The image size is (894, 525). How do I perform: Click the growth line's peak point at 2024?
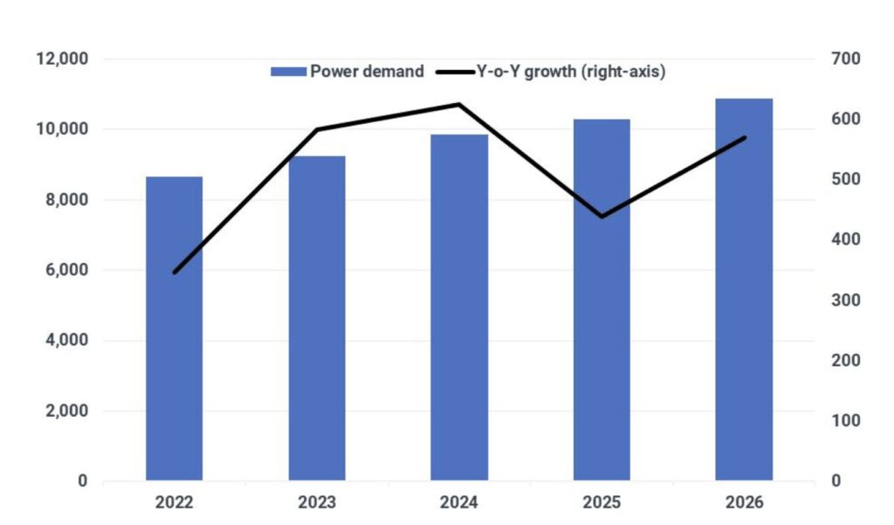(459, 105)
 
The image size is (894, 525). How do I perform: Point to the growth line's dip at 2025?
(602, 217)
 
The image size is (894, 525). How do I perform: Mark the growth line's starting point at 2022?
(175, 273)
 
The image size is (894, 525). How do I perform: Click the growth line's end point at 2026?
(744, 138)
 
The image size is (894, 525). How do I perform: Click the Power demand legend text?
(368, 72)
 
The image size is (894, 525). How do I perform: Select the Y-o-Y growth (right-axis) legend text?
(573, 72)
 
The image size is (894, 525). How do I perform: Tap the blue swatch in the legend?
(289, 72)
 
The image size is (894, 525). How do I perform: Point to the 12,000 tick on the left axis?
(61, 59)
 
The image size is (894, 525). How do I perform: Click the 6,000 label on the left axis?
(65, 271)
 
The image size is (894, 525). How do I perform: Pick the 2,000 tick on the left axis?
(65, 411)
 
